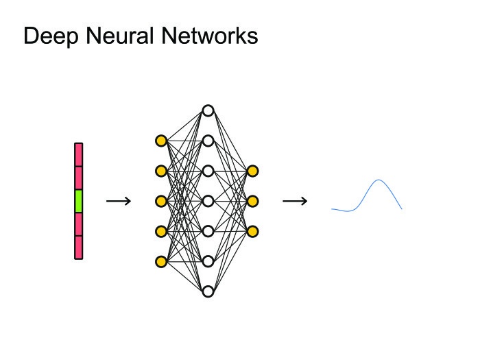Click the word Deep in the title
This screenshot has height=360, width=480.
tap(51, 37)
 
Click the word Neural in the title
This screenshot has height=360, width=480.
tap(119, 36)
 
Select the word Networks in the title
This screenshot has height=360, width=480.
tap(210, 36)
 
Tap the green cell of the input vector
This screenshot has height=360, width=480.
tap(79, 201)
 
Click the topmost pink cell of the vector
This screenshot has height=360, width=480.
tap(79, 154)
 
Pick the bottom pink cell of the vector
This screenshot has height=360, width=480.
tap(79, 248)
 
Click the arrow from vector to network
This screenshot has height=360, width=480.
tap(119, 201)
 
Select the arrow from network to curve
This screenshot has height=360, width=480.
tap(295, 201)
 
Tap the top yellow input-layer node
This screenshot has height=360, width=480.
tap(161, 141)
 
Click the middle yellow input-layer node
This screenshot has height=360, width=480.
tap(161, 201)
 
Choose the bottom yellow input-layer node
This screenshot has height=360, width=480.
tap(161, 262)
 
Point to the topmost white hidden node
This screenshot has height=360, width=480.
tap(208, 110)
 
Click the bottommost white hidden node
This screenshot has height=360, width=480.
tap(208, 291)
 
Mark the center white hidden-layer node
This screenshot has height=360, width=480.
tap(208, 201)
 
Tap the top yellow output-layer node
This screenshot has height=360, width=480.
tap(252, 171)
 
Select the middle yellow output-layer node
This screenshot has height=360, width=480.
tap(252, 201)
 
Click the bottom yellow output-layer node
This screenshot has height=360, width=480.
tap(252, 232)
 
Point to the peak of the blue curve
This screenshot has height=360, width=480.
tap(379, 180)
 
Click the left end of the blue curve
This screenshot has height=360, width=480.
tap(332, 209)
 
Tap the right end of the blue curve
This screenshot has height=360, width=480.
tap(402, 209)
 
